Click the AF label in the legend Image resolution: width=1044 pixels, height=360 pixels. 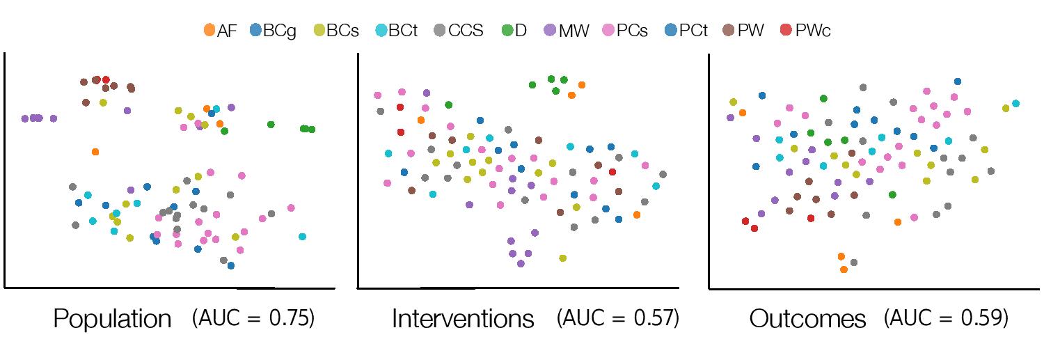(227, 31)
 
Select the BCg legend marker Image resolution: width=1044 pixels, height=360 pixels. (256, 31)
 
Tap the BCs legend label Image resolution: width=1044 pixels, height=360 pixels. (342, 31)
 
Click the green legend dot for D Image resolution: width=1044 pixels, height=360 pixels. (507, 31)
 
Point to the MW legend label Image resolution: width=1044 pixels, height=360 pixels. (574, 31)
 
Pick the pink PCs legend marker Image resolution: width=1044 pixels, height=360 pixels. (608, 31)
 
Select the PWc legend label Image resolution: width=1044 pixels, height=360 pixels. (813, 31)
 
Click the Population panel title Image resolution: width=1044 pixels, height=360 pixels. (112, 320)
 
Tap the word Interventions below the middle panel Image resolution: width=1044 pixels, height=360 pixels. (463, 319)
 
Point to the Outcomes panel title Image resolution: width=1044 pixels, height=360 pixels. (807, 319)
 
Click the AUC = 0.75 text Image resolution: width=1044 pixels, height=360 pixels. (253, 318)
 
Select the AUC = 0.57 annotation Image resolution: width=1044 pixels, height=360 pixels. (618, 318)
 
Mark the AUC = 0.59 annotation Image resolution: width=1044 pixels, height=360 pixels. (946, 318)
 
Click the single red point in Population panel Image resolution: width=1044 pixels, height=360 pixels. (106, 80)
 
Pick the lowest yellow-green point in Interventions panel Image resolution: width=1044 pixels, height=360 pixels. (562, 258)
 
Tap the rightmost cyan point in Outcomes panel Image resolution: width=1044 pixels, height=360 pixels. (1015, 104)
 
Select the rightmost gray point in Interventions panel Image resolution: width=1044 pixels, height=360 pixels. (663, 174)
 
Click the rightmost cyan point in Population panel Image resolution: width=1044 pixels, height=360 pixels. (302, 237)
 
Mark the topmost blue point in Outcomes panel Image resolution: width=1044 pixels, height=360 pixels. (957, 81)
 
